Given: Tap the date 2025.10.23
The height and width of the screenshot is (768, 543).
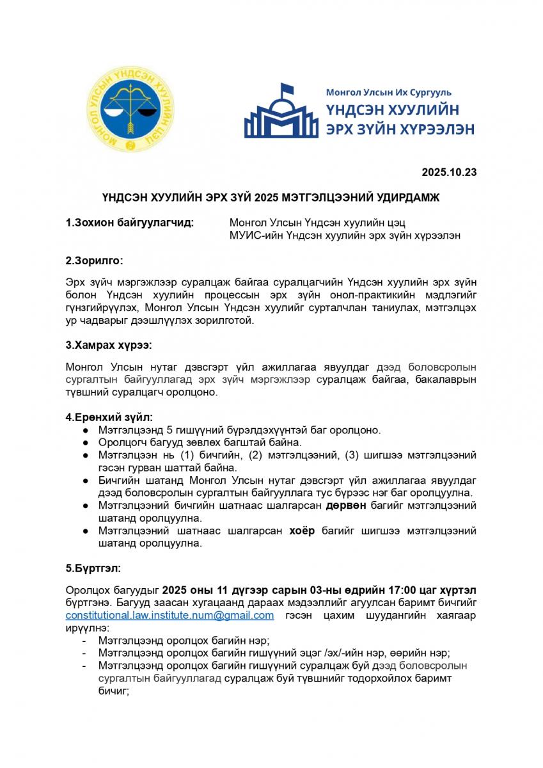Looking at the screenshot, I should point(449,172).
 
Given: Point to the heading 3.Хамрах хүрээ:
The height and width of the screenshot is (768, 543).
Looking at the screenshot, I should point(108,345).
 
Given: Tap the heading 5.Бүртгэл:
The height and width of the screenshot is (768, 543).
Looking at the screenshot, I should point(93,568).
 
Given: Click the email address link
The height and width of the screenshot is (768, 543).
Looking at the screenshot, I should point(169,615).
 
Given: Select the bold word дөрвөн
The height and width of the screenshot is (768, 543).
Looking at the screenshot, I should point(346,506).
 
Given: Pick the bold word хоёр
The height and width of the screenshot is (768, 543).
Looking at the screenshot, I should point(302,531).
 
